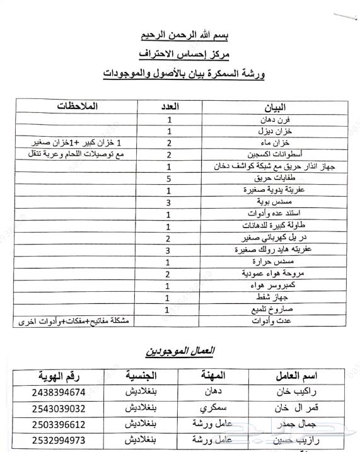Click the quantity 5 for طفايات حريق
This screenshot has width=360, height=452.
[168, 178]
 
